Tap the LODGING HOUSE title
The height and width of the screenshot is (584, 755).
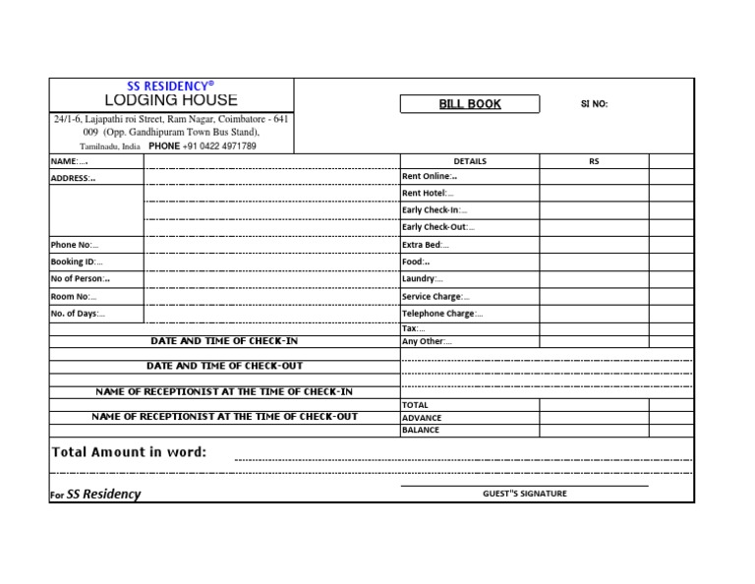[x=171, y=100]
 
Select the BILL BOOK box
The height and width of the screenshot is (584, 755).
[x=470, y=104]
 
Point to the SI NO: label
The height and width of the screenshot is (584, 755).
[x=594, y=104]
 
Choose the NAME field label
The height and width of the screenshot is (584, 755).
[x=69, y=161]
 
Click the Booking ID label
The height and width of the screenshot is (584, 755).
[x=76, y=263]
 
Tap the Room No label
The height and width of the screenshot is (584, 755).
[x=74, y=296]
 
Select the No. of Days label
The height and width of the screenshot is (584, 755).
[x=77, y=314]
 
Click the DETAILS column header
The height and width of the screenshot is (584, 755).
[x=470, y=161]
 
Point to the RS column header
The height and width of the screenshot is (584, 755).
[x=594, y=161]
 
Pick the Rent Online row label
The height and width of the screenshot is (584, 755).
[x=430, y=177]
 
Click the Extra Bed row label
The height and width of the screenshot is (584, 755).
[x=426, y=245]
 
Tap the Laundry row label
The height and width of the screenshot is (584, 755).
[x=423, y=279]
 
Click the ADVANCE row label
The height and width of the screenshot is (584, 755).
[x=422, y=418]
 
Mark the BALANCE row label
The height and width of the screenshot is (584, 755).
[x=421, y=431]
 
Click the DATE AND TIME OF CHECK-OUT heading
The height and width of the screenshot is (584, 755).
[x=225, y=366]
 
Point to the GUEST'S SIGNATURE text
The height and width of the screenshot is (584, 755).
[x=524, y=494]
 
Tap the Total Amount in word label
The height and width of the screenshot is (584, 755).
[x=129, y=452]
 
